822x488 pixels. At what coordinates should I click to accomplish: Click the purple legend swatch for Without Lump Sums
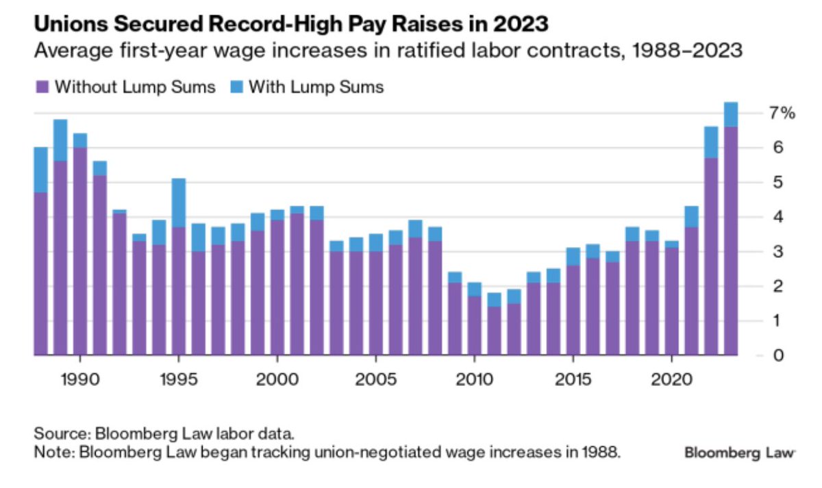[x=42, y=87]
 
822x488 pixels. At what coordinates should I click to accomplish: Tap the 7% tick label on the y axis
[x=780, y=113]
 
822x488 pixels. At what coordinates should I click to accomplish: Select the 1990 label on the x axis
[x=80, y=378]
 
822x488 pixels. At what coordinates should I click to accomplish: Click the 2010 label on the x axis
[x=473, y=378]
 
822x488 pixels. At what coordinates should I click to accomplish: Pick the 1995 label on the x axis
[x=179, y=378]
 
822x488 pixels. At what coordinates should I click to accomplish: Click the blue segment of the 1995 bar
[x=179, y=203]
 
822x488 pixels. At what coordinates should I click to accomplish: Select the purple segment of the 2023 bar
[x=731, y=240]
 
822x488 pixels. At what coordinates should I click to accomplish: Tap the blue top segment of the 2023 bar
[x=731, y=114]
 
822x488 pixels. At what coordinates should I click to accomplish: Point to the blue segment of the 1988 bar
[x=41, y=170]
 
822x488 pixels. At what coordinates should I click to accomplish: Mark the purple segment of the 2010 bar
[x=473, y=325]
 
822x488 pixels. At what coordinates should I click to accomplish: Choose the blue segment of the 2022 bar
[x=711, y=142]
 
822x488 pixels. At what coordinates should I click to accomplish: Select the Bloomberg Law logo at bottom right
[x=739, y=452]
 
